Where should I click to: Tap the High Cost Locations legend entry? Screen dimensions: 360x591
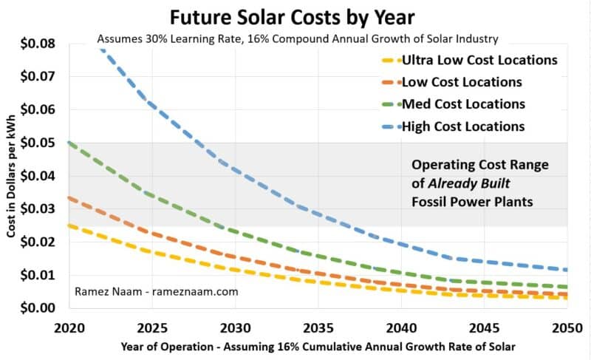coord(462,126)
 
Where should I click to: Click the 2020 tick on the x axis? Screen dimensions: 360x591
coord(69,326)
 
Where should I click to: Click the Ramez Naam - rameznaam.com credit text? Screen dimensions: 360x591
coord(156,292)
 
